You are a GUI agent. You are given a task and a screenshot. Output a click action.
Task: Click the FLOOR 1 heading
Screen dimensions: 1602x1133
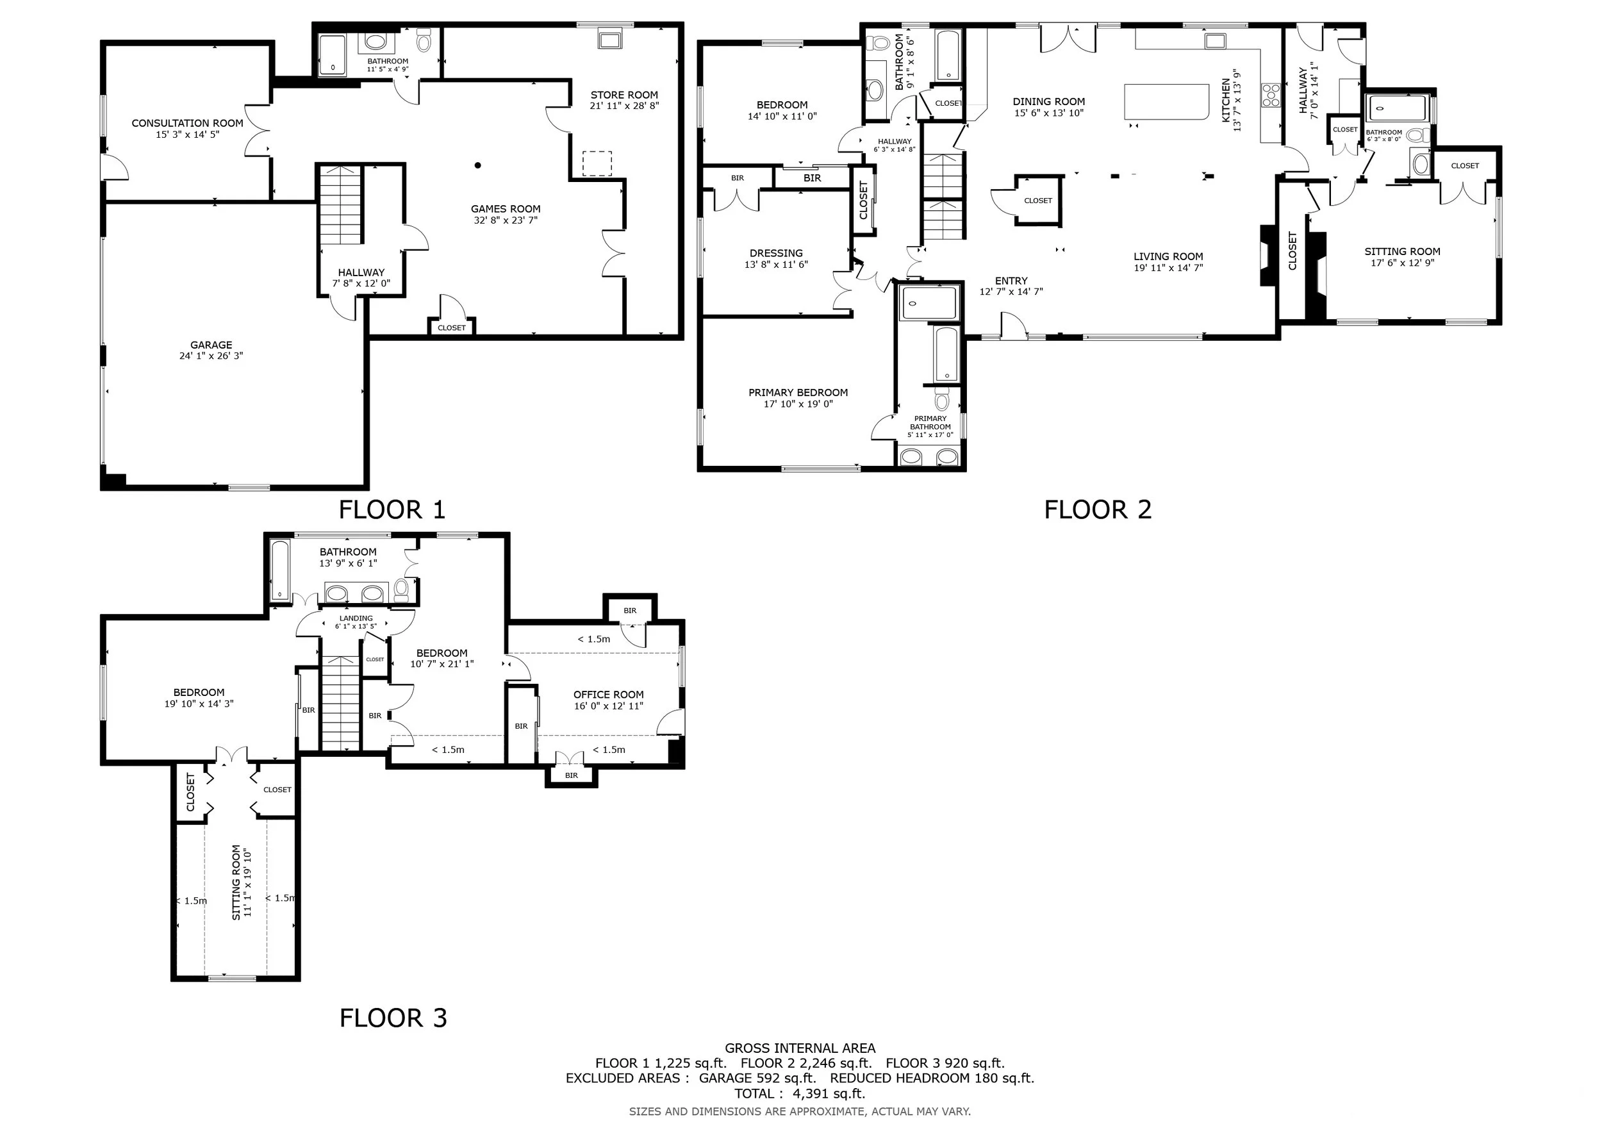pyautogui.click(x=392, y=510)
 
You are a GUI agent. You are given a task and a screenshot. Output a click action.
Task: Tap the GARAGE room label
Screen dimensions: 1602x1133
pyautogui.click(x=211, y=345)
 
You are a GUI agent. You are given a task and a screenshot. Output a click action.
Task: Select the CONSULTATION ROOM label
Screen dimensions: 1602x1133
pyautogui.click(x=188, y=124)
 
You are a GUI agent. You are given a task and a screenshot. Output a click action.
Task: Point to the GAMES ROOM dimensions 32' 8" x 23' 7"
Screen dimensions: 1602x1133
pyautogui.click(x=506, y=220)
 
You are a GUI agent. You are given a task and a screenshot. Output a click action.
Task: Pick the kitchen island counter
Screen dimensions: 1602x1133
pyautogui.click(x=1167, y=102)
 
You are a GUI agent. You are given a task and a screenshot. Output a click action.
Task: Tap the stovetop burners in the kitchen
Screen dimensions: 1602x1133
pyautogui.click(x=1271, y=95)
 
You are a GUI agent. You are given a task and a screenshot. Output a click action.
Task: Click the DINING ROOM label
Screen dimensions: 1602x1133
pyautogui.click(x=1049, y=102)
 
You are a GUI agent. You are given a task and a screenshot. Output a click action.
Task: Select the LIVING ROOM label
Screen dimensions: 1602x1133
pyautogui.click(x=1168, y=256)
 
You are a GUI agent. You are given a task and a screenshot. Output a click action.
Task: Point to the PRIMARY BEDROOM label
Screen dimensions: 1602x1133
pyautogui.click(x=798, y=393)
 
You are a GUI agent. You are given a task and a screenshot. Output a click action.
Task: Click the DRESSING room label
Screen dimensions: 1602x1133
pyautogui.click(x=776, y=253)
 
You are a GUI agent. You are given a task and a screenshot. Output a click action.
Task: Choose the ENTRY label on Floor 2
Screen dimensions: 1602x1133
pyautogui.click(x=1011, y=281)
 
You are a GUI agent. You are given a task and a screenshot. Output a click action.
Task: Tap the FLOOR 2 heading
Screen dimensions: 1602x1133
pyautogui.click(x=1098, y=510)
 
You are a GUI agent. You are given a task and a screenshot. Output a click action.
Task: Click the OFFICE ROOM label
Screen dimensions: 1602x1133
pyautogui.click(x=608, y=694)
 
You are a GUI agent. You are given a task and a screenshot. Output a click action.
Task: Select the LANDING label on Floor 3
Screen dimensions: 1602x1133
pyautogui.click(x=356, y=618)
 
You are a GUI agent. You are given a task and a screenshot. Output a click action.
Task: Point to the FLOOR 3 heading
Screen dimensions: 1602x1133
pyautogui.click(x=393, y=1018)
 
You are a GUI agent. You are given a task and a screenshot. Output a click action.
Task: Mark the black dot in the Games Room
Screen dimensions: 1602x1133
pyautogui.click(x=478, y=165)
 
